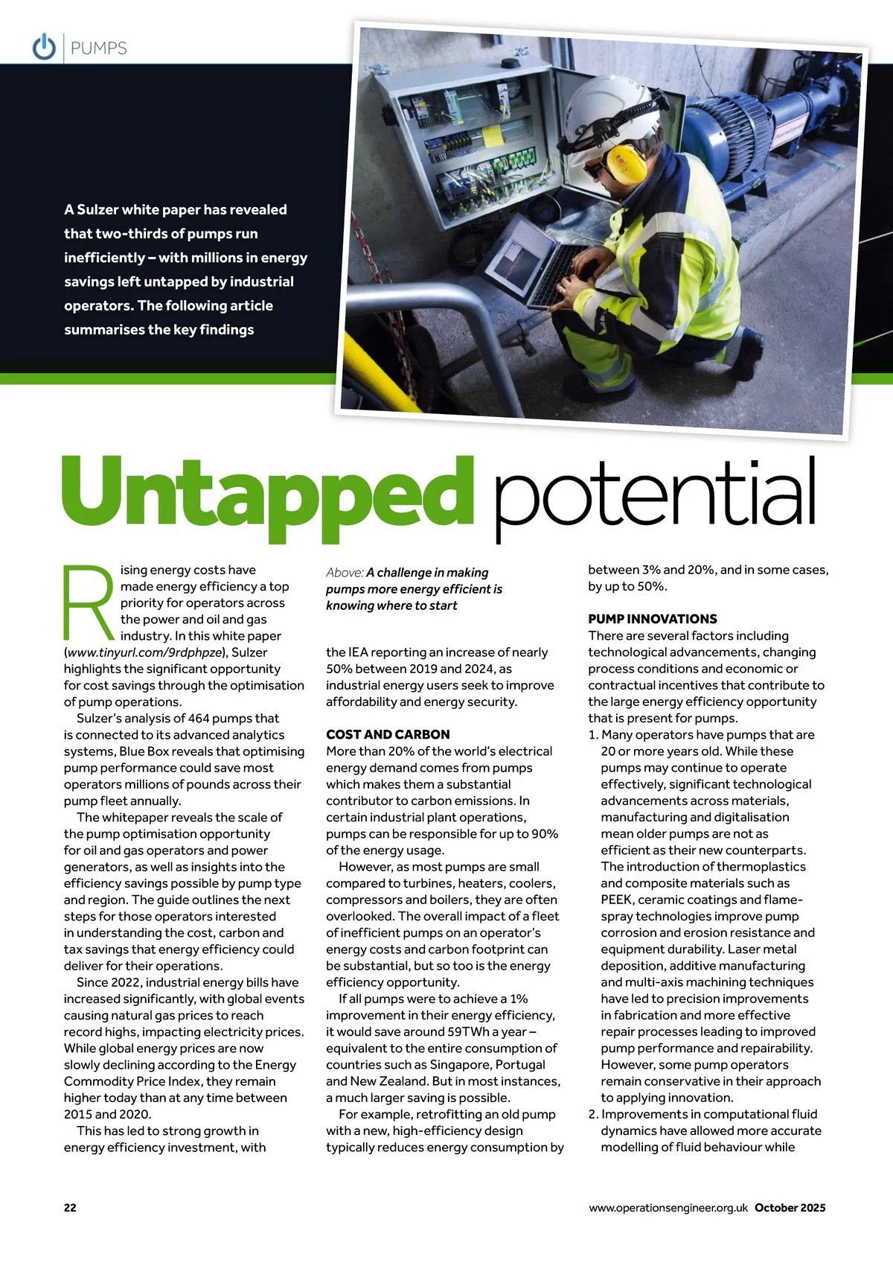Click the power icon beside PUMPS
click(x=44, y=47)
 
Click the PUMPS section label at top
click(x=98, y=48)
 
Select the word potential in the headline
click(x=655, y=495)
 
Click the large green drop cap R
click(x=88, y=603)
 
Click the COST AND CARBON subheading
click(x=388, y=734)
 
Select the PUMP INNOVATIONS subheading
click(x=653, y=619)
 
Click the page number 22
click(x=70, y=1208)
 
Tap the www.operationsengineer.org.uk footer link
click(x=668, y=1208)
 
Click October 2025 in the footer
click(x=790, y=1208)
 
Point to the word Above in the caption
click(x=344, y=573)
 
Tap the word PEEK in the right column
click(x=616, y=900)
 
